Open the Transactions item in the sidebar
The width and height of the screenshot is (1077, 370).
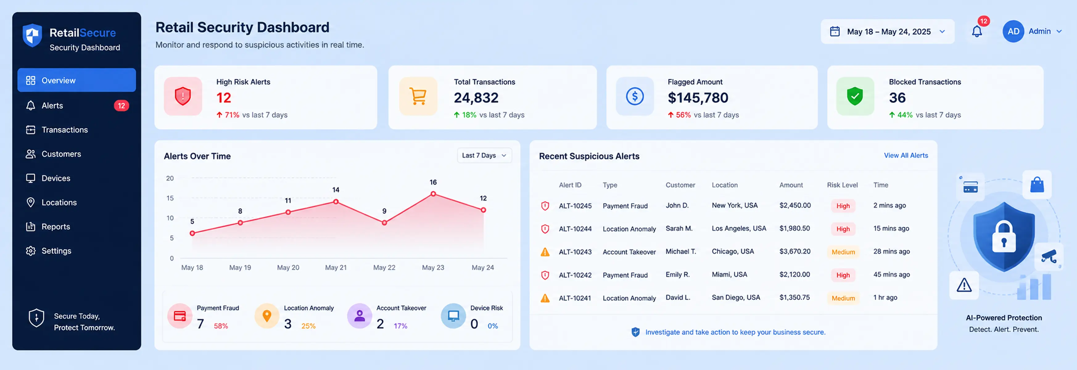point(64,129)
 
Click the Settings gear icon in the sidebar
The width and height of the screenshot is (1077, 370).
point(31,251)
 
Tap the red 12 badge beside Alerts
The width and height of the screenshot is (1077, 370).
point(121,106)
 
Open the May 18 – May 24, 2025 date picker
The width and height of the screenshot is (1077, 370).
point(888,31)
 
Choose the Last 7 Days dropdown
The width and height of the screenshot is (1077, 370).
point(484,155)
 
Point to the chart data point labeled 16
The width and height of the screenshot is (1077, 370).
point(433,194)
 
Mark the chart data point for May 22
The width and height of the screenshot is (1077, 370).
point(384,223)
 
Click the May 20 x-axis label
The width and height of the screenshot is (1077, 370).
point(288,268)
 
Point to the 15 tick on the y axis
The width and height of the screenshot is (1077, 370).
point(170,198)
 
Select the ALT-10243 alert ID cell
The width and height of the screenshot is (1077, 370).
point(575,252)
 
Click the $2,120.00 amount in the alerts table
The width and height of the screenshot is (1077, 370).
point(794,275)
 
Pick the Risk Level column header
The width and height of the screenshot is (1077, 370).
point(842,185)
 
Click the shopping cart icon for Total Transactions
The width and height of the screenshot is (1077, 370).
point(418,96)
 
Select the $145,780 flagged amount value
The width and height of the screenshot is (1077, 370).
point(697,98)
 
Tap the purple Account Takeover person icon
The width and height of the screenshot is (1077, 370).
point(359,316)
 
